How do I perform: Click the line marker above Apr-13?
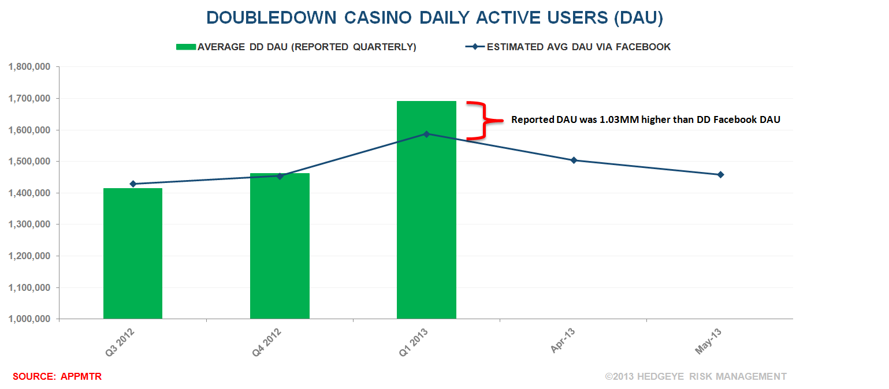pyautogui.click(x=574, y=160)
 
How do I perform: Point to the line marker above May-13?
pyautogui.click(x=720, y=174)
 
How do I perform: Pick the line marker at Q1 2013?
pyautogui.click(x=426, y=134)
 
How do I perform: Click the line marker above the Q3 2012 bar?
pyautogui.click(x=133, y=184)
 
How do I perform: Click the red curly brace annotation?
pyautogui.click(x=479, y=120)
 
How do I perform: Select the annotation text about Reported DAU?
pyautogui.click(x=645, y=120)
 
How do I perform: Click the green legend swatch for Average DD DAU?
pyautogui.click(x=186, y=47)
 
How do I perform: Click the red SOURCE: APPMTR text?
pyautogui.click(x=57, y=376)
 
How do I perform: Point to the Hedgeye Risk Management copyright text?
pyautogui.click(x=695, y=376)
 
